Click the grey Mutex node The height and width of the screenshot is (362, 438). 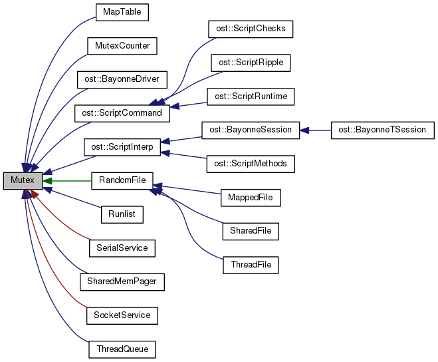[x=23, y=180]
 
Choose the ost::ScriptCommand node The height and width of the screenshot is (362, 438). [x=122, y=113]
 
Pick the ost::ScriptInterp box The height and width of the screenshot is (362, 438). [x=122, y=146]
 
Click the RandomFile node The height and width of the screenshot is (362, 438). [x=122, y=180]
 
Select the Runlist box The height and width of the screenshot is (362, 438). [x=122, y=214]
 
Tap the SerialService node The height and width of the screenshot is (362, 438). [x=122, y=248]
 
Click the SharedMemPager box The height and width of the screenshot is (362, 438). [x=122, y=281]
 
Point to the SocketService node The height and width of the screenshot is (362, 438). [x=122, y=315]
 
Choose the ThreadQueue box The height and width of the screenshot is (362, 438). [x=122, y=349]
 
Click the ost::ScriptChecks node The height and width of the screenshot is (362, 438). [x=251, y=29]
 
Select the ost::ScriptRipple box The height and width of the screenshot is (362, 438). [x=251, y=63]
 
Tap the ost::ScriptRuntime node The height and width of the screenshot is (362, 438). [x=251, y=96]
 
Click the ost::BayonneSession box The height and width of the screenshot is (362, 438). [x=251, y=130]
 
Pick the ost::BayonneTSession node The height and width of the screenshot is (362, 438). [x=382, y=130]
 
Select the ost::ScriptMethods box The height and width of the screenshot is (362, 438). [x=251, y=164]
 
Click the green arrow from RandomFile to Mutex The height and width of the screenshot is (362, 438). [x=66, y=180]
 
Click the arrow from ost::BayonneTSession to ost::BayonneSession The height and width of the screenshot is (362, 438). [x=316, y=130]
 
